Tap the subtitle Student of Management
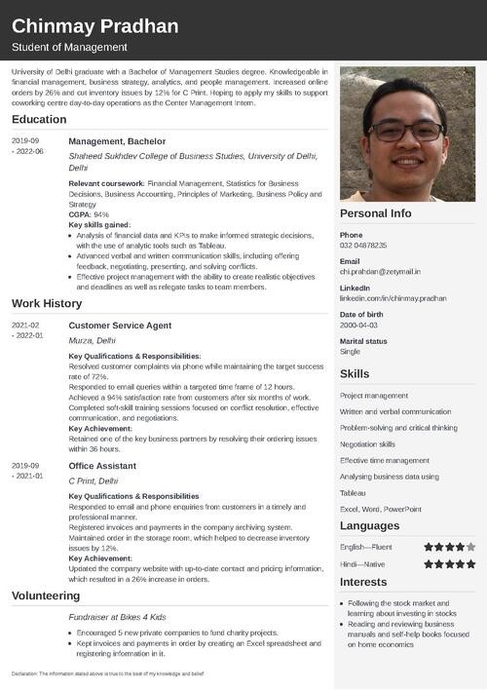[x=69, y=48]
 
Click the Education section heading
[x=39, y=120]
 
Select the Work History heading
[x=47, y=303]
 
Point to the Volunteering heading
[x=45, y=595]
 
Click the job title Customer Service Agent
[x=120, y=325]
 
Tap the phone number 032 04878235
[x=363, y=246]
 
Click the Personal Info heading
[x=375, y=213]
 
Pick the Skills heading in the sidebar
[x=355, y=374]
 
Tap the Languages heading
[x=369, y=525]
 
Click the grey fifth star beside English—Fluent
[x=470, y=547]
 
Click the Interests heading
[x=364, y=582]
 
